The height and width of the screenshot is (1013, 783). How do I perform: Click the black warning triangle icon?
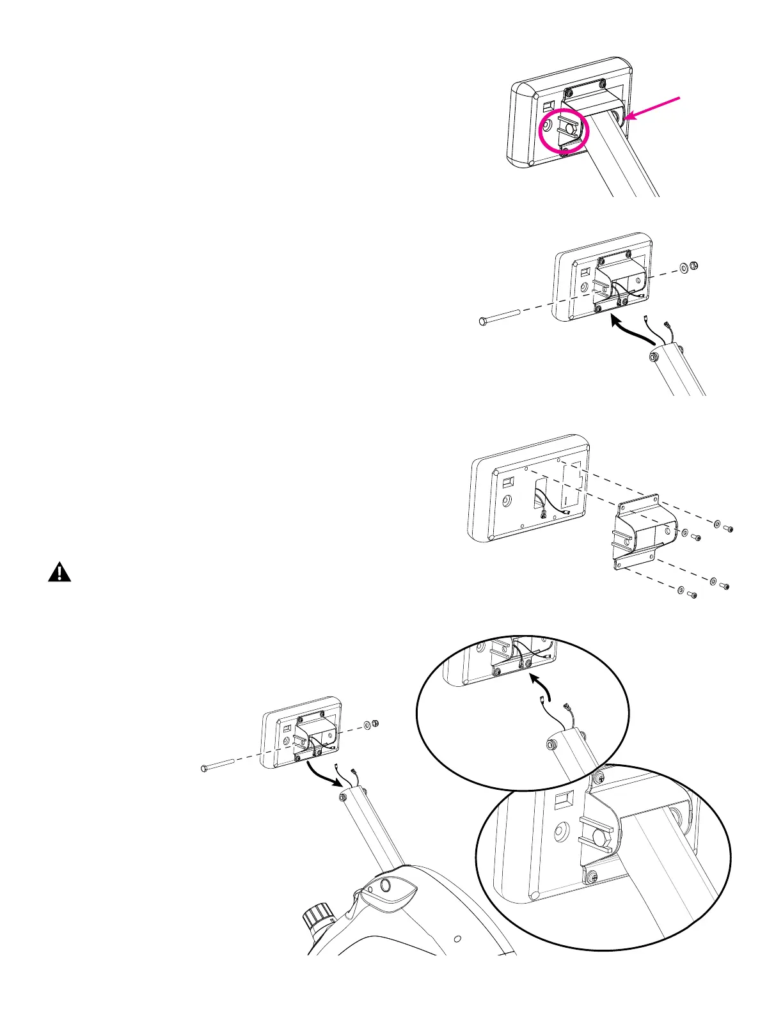click(x=59, y=572)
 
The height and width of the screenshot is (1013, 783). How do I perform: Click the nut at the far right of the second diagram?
click(x=695, y=265)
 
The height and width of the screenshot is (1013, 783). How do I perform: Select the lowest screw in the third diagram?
click(x=692, y=595)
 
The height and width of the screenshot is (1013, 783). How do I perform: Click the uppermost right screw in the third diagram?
click(x=728, y=528)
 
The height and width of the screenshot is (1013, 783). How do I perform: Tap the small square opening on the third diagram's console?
click(x=507, y=481)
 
